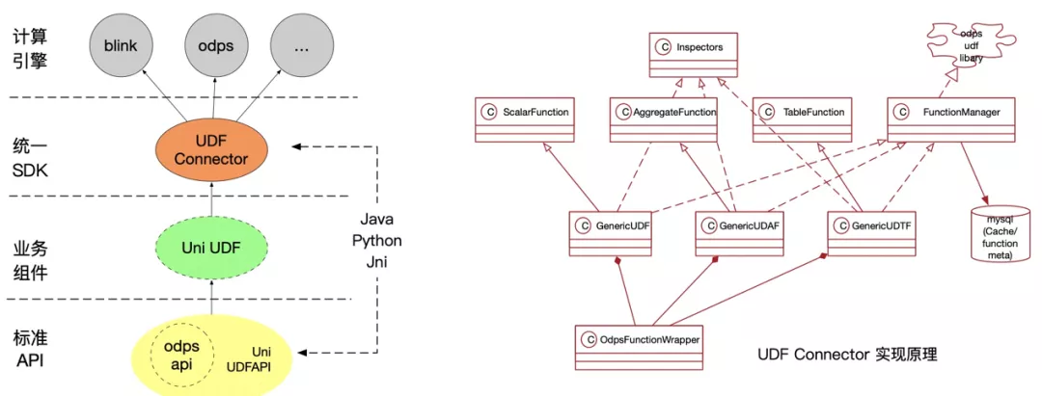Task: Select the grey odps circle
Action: pyautogui.click(x=213, y=45)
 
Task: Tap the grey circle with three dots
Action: pyautogui.click(x=302, y=45)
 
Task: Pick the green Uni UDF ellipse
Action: pyautogui.click(x=210, y=249)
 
